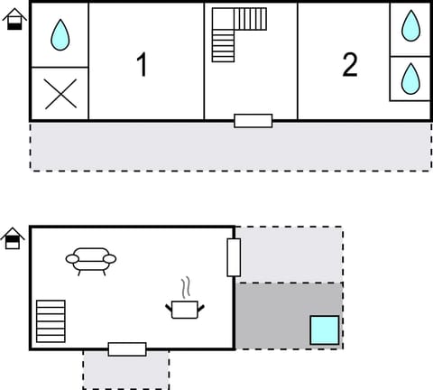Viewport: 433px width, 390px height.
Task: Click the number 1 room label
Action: click(142, 65)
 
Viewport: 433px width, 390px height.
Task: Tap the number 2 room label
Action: click(350, 64)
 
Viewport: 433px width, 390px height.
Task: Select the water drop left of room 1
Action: click(60, 35)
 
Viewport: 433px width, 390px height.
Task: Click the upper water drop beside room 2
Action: click(410, 26)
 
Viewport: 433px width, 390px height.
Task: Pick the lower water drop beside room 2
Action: click(410, 78)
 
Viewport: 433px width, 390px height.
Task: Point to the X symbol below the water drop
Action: click(60, 94)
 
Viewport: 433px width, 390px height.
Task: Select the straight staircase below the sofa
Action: click(51, 320)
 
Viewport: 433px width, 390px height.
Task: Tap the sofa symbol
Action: click(91, 260)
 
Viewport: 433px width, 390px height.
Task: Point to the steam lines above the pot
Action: click(186, 288)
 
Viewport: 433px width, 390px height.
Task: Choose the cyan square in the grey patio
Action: click(325, 330)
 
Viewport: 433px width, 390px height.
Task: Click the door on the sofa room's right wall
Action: click(234, 257)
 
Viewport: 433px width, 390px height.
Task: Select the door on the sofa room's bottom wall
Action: click(127, 349)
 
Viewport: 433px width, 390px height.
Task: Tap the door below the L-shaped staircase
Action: click(253, 120)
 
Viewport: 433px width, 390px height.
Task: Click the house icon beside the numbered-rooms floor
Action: click(14, 18)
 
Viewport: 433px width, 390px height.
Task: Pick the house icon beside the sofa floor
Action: click(13, 237)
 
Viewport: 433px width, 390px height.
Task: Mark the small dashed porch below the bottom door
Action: click(126, 372)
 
